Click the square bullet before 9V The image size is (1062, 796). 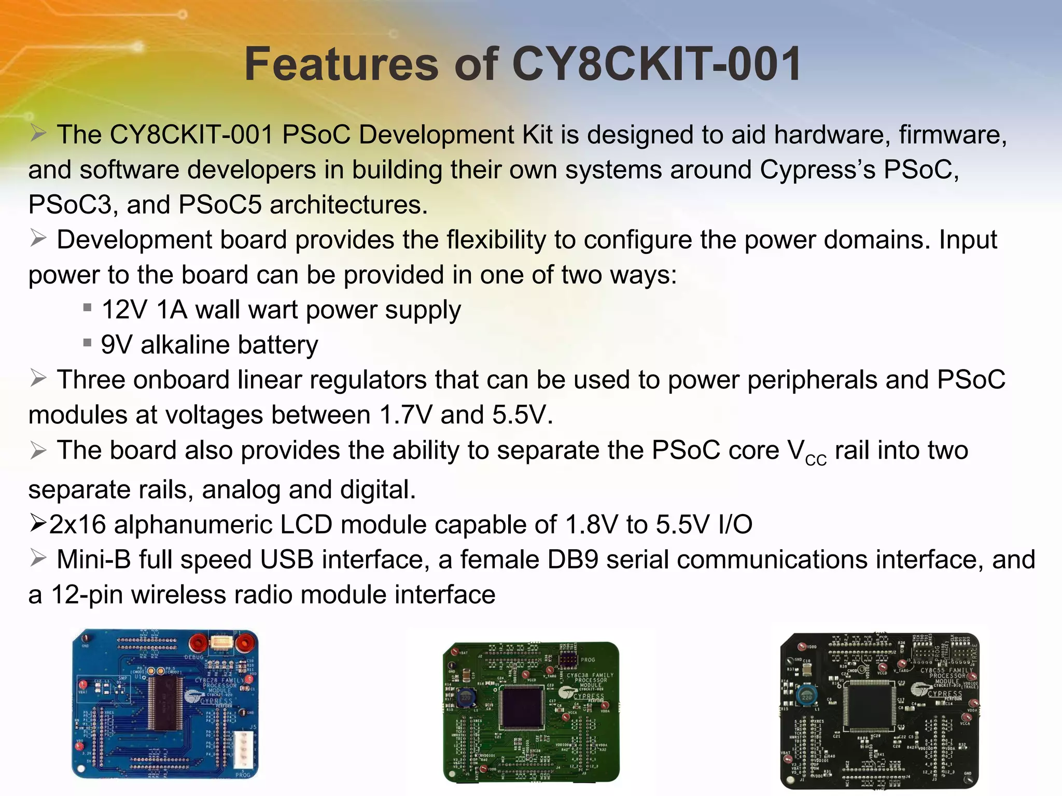(x=88, y=343)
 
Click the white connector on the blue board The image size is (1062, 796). (x=243, y=749)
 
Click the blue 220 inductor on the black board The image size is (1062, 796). (x=806, y=697)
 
